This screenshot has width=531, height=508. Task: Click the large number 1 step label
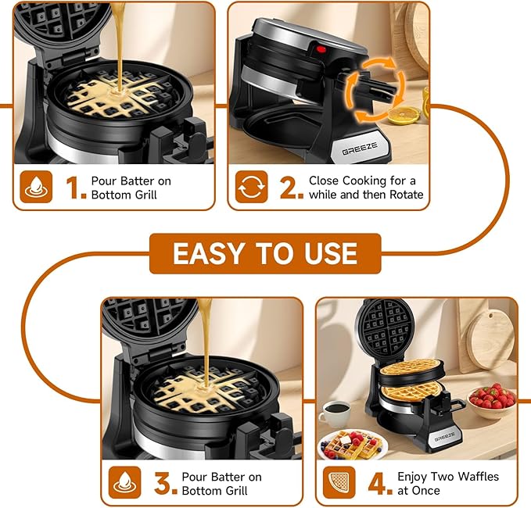coord(76,188)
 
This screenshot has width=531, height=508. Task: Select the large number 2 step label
coord(290,188)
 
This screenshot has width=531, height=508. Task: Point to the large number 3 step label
coord(165,483)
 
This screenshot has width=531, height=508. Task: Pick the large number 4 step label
coord(379,483)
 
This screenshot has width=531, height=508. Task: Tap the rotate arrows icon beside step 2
coord(252,188)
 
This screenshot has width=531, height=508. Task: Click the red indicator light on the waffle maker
coord(319,52)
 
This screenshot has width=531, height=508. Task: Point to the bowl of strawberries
coord(492,399)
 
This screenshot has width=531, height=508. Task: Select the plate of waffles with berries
coord(353,445)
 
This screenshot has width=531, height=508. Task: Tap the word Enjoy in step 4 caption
coord(414,476)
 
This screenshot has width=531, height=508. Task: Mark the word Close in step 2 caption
coord(324,181)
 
